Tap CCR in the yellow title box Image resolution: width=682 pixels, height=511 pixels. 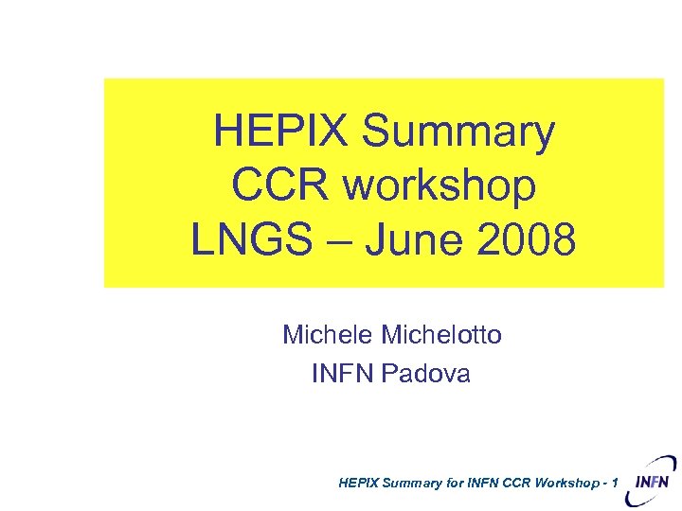281,185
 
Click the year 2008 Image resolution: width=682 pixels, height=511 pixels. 527,240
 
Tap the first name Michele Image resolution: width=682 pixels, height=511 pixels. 328,334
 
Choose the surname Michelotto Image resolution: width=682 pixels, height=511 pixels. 441,334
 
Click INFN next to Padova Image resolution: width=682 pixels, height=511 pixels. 343,374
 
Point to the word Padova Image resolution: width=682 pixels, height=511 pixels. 426,374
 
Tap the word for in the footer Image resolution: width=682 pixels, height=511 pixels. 455,484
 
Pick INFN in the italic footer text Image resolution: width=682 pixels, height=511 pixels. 484,484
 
